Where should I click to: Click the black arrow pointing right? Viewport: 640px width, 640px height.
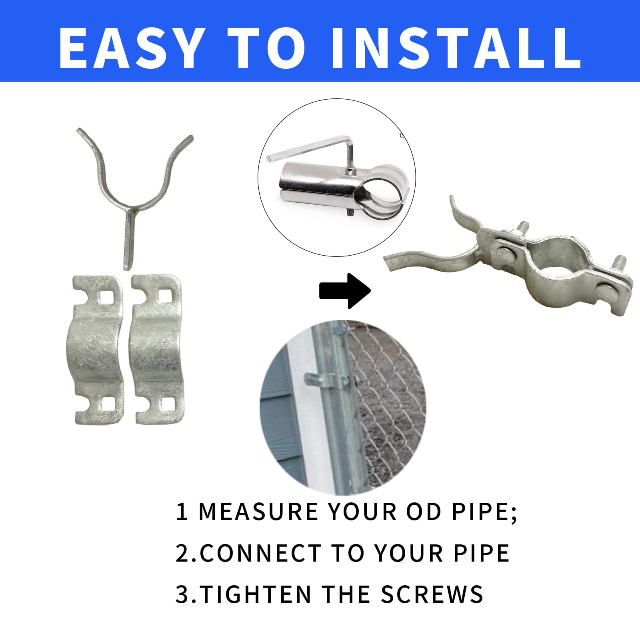345,291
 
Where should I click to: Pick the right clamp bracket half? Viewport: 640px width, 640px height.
158,349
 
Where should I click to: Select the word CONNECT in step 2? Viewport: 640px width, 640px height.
260,553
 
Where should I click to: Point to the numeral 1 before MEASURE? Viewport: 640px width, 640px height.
182,512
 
